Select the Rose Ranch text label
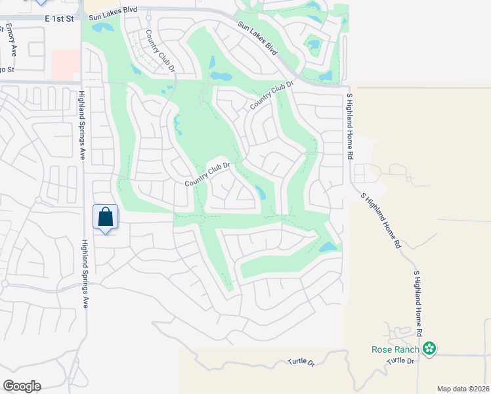[395, 349]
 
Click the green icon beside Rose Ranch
[429, 348]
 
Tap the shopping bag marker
[106, 217]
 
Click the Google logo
[21, 386]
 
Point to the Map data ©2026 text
[463, 389]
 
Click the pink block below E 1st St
[65, 66]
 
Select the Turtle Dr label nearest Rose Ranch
[401, 361]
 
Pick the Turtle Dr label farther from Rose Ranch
[301, 362]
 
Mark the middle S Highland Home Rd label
[381, 219]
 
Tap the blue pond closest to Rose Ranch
[327, 248]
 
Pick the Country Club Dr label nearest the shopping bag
[209, 174]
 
